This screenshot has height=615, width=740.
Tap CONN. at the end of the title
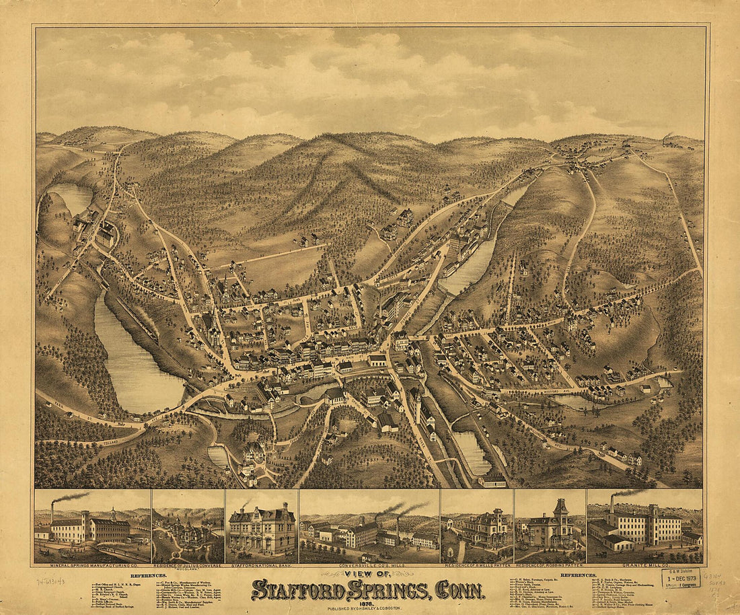coord(460,589)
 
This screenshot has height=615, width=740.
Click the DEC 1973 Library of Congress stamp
coord(680,578)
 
